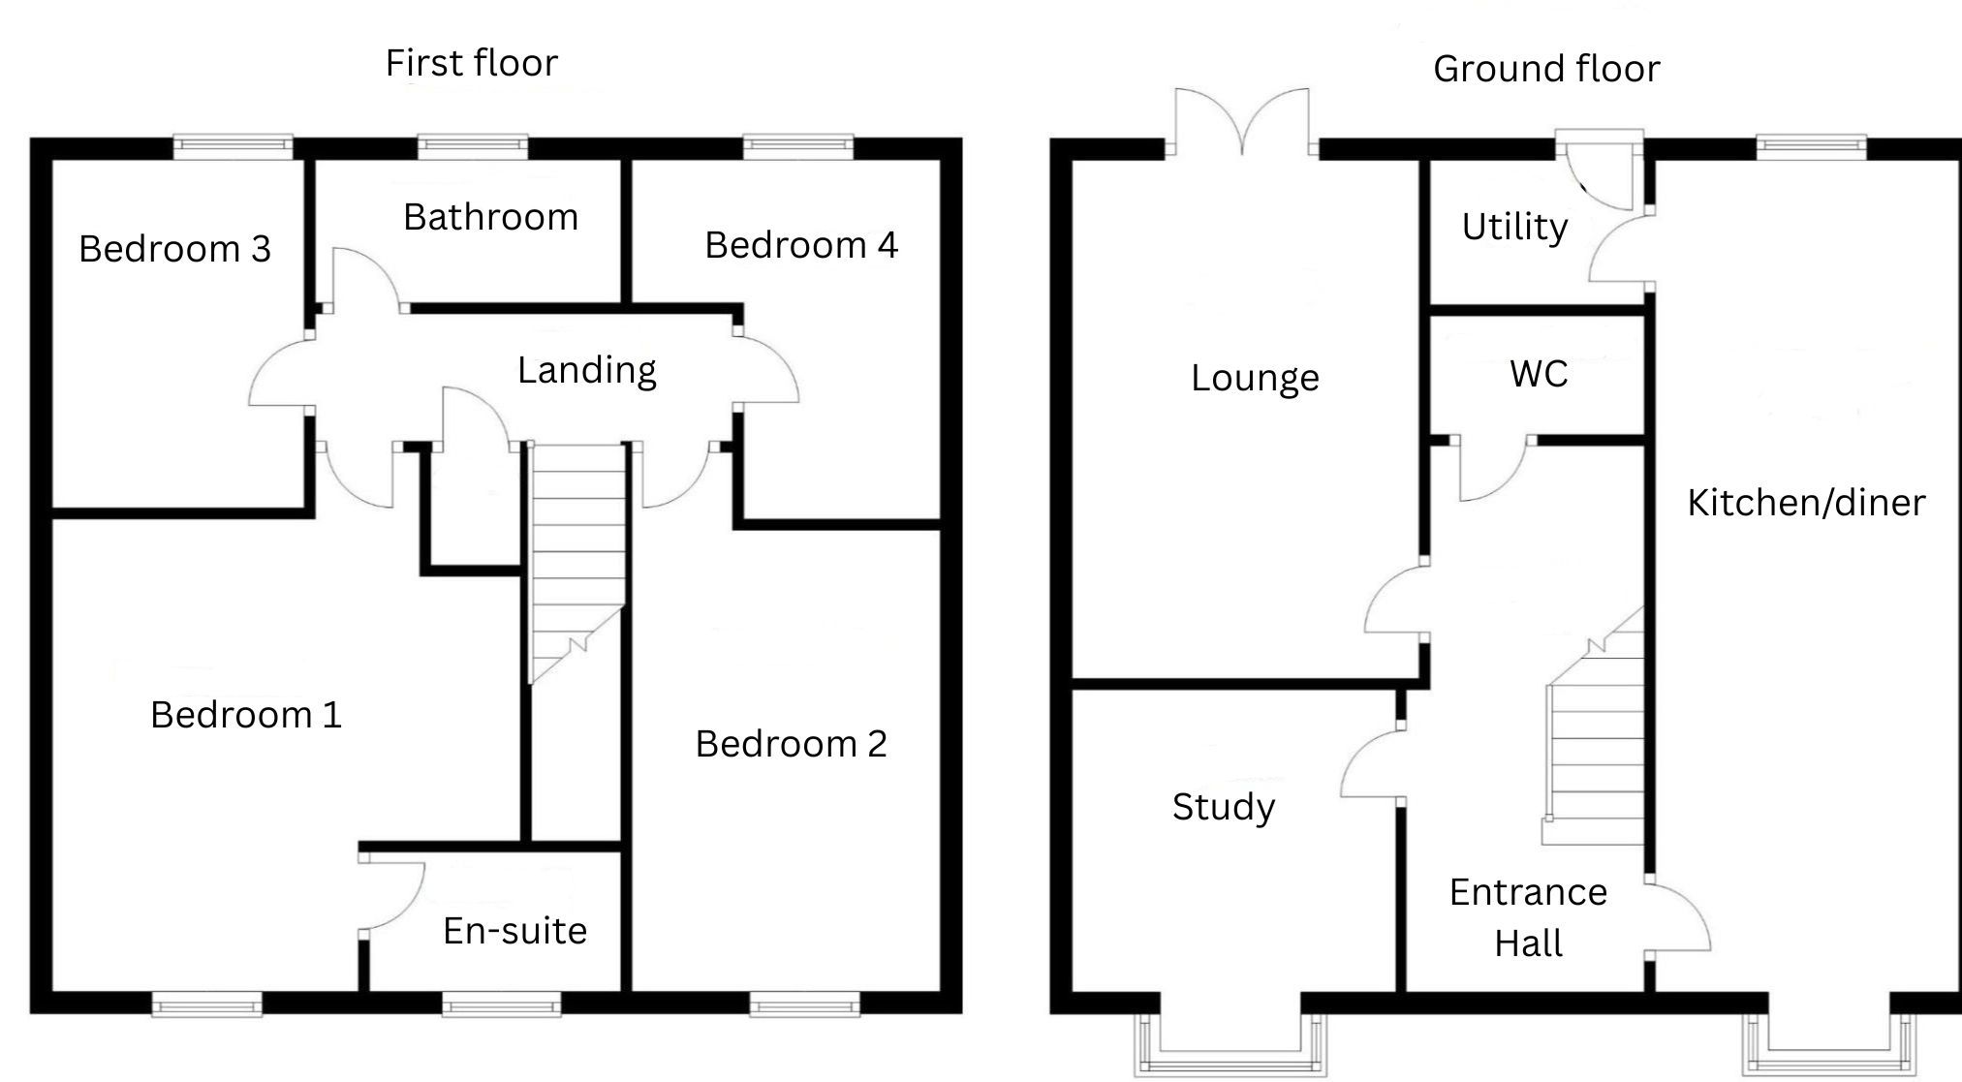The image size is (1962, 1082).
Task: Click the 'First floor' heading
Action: [472, 63]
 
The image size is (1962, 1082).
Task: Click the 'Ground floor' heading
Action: [1546, 69]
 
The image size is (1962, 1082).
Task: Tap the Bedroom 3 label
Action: [174, 249]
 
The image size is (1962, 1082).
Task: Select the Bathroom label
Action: [490, 217]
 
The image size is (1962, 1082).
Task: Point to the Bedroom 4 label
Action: [801, 245]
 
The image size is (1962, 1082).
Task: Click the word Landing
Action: [587, 371]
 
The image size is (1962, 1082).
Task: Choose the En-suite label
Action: [514, 931]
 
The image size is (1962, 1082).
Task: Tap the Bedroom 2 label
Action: [791, 744]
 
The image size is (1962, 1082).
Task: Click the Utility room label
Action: [1514, 228]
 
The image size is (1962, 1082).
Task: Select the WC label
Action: [1539, 374]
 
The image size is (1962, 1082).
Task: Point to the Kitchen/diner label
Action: [1806, 503]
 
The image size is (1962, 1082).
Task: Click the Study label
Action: [1224, 808]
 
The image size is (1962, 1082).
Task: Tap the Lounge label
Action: [1255, 379]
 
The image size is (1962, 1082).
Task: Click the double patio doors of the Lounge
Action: [1242, 121]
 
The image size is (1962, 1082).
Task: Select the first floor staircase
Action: [577, 563]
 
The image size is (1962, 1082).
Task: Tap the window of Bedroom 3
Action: [233, 147]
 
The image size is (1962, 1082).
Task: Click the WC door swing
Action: [1493, 470]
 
